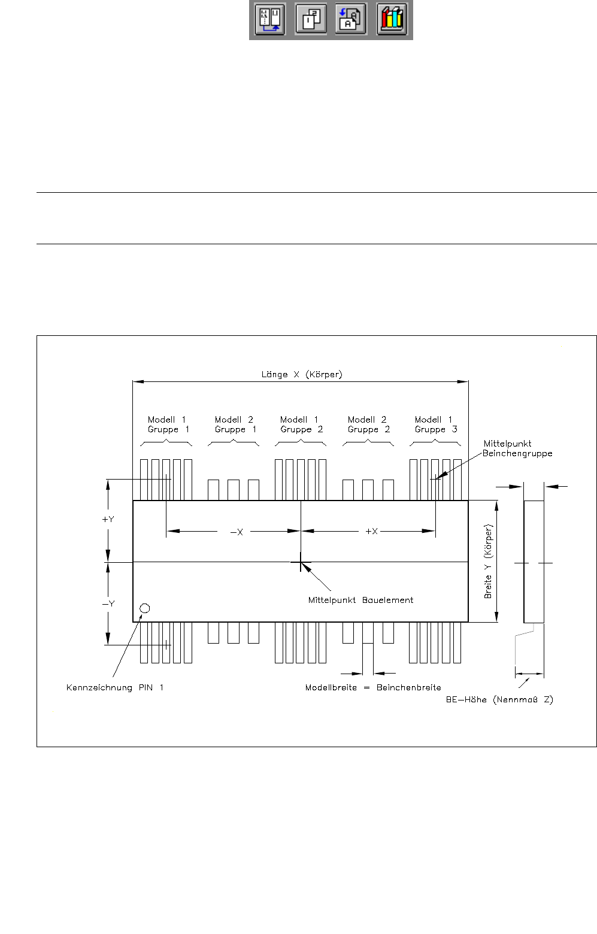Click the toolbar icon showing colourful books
392,20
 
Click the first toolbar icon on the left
269,20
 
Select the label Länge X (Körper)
302,375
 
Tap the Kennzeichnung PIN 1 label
115,687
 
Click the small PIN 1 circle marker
144,608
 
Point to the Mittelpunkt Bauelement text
360,600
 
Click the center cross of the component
301,562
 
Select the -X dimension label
237,532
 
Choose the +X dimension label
371,532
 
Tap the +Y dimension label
108,519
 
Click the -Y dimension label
108,604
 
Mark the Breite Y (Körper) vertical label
489,562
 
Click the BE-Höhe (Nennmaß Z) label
499,699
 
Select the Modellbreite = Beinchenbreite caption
373,687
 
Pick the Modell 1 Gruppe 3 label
435,424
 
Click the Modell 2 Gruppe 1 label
235,424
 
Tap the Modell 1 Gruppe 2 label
301,424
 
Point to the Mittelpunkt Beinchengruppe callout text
517,448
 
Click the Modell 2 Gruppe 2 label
368,424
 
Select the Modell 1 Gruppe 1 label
168,424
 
